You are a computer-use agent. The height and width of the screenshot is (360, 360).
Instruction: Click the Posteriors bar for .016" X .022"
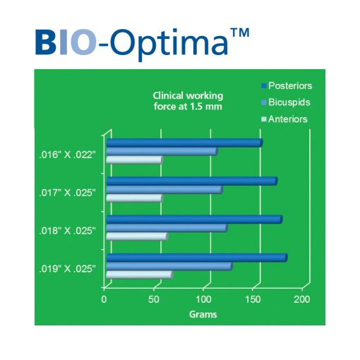click(x=185, y=143)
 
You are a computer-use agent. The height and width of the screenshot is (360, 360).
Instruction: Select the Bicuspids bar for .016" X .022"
click(x=162, y=151)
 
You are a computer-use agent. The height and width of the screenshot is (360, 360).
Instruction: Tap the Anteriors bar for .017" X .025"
click(x=135, y=198)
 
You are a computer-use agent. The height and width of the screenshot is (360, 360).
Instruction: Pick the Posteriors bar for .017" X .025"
click(x=192, y=181)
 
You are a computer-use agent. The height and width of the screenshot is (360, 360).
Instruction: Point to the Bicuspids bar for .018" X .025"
click(x=167, y=228)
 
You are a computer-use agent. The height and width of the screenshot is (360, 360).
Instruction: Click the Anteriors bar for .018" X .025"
click(x=138, y=236)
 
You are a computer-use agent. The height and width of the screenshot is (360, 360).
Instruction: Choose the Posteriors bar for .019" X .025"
click(x=197, y=258)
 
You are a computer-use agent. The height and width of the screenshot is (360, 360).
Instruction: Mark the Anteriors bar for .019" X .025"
click(x=140, y=275)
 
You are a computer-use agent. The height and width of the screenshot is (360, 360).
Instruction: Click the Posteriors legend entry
click(x=287, y=85)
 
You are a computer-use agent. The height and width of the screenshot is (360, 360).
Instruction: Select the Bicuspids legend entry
click(x=286, y=102)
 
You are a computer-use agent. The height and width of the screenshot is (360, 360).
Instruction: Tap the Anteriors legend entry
click(x=284, y=119)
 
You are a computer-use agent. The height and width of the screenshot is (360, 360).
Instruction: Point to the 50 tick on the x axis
click(x=154, y=299)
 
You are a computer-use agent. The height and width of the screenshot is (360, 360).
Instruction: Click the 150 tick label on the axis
click(x=253, y=299)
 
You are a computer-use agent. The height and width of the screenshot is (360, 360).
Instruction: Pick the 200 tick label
click(x=302, y=299)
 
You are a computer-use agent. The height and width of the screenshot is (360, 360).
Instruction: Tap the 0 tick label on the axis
click(x=104, y=299)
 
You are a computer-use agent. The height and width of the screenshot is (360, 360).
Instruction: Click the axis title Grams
click(x=203, y=314)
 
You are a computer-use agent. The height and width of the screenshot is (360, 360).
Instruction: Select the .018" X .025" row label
click(x=68, y=231)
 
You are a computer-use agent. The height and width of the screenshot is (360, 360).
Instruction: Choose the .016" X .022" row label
click(x=68, y=155)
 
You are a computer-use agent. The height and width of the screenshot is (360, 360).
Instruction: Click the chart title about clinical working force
click(x=188, y=101)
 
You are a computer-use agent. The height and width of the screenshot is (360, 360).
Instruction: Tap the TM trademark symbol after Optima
click(x=240, y=32)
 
